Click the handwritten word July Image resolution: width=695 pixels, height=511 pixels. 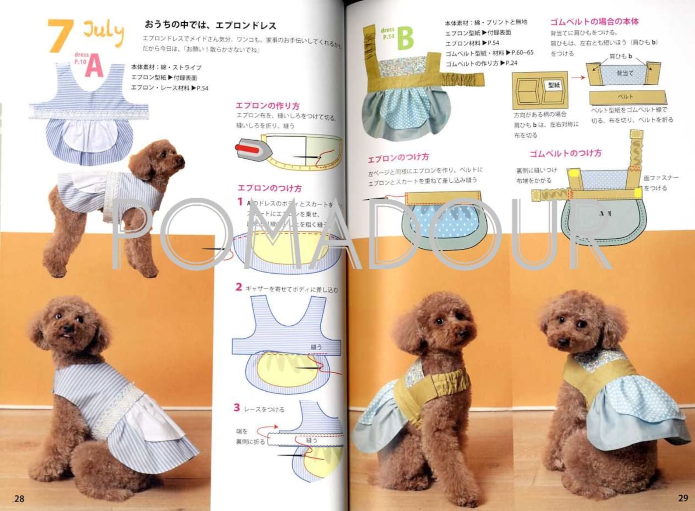point(103,31)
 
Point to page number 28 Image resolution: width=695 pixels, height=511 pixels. point(19,498)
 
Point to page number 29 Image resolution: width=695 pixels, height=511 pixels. point(683,498)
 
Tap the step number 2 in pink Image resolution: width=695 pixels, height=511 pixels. point(239,287)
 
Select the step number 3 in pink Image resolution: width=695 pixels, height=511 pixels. point(237,407)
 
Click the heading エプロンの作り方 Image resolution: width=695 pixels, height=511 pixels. point(267,106)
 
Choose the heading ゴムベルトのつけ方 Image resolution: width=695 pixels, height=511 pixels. point(565,153)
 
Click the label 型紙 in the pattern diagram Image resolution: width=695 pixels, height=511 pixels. point(554,85)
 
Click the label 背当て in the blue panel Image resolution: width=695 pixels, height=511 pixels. point(625,73)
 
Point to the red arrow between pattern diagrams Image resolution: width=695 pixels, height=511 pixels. point(578,77)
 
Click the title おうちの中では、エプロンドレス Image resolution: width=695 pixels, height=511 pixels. point(211,25)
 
